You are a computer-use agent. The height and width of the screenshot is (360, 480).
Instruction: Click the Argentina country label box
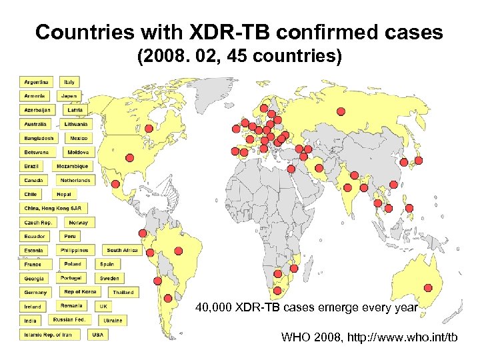(x=36, y=82)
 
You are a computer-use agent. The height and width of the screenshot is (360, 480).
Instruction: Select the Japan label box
(x=70, y=96)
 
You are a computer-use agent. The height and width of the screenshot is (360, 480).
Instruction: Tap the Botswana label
(x=37, y=152)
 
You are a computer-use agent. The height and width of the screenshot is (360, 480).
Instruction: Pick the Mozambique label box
(x=72, y=166)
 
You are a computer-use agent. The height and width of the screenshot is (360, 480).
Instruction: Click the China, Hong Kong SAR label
(x=53, y=208)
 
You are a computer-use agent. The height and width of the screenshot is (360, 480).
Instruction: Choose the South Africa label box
(x=122, y=250)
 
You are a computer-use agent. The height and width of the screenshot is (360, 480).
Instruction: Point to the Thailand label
(x=123, y=292)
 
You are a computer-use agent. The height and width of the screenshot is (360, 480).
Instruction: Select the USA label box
(x=98, y=334)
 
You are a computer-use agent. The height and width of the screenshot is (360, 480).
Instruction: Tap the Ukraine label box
(x=113, y=320)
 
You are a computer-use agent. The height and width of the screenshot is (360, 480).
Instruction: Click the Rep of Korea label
(x=80, y=291)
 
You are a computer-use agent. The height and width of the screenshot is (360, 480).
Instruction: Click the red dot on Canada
(x=129, y=157)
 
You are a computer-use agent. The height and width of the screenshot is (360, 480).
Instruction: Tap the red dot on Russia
(x=341, y=111)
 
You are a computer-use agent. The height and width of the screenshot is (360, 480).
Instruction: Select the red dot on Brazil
(x=178, y=250)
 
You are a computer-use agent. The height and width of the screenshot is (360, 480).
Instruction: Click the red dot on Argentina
(x=168, y=298)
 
